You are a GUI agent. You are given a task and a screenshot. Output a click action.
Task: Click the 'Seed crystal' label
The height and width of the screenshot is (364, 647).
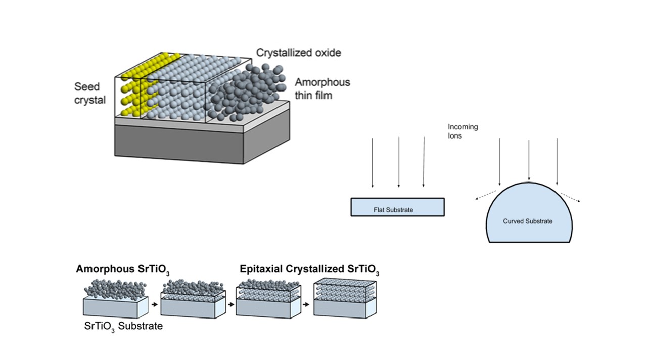tap(90, 93)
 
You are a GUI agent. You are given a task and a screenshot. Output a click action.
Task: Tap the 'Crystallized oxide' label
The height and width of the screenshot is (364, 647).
tap(299, 53)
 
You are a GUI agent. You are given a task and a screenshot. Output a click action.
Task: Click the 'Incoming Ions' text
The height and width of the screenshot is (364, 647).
tap(462, 131)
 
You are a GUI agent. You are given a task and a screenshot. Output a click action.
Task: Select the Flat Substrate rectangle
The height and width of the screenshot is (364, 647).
tap(397, 207)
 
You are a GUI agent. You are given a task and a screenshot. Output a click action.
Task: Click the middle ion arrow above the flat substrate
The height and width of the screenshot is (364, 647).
tap(399, 162)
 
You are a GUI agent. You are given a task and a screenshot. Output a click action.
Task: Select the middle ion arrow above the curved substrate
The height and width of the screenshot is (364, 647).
tap(529, 160)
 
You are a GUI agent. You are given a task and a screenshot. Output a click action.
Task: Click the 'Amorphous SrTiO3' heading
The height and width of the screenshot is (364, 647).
tap(123, 269)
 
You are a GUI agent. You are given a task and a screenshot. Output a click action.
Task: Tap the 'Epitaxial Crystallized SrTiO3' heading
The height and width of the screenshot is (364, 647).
tap(309, 270)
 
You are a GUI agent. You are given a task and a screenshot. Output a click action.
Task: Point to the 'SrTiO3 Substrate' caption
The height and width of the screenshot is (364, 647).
tap(123, 326)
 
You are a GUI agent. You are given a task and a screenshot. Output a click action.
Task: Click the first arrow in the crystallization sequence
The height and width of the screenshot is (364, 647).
tap(155, 305)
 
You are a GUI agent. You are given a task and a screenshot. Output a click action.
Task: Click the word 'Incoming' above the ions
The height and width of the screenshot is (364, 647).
tap(463, 127)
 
